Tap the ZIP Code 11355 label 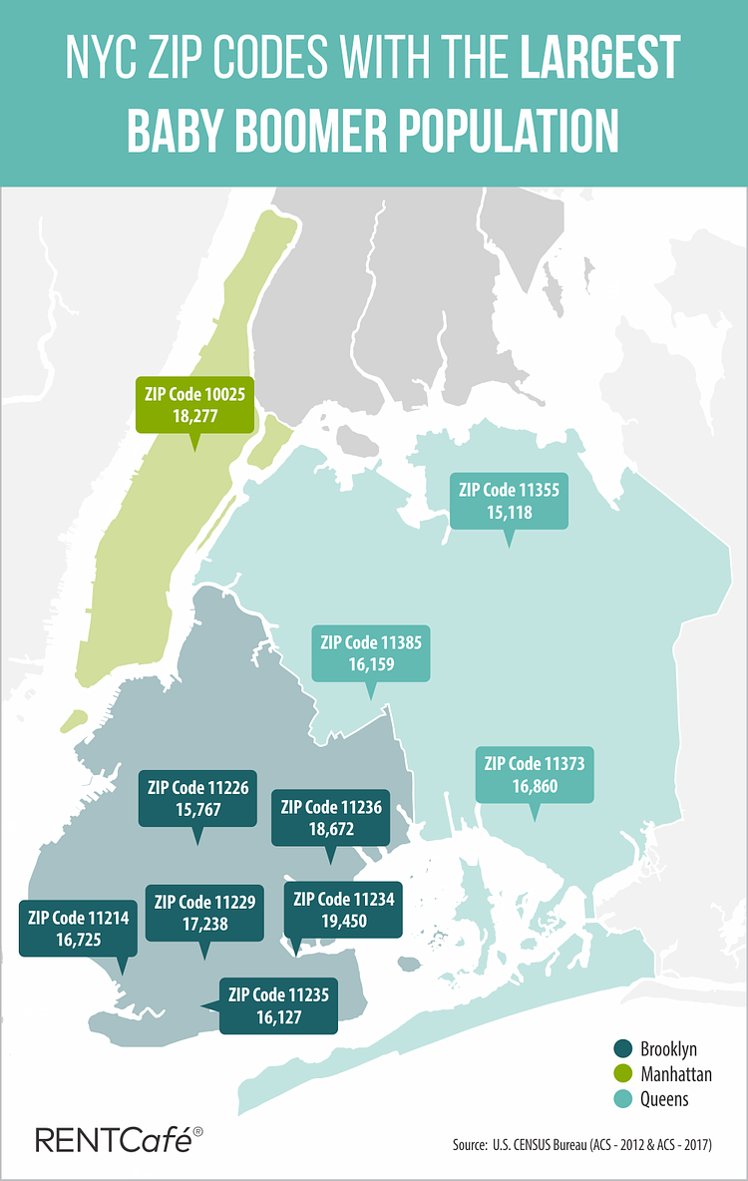[x=509, y=501]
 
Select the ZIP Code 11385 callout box [x=371, y=653]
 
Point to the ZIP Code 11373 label [x=534, y=775]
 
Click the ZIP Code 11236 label [x=331, y=818]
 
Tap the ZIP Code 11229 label [x=204, y=913]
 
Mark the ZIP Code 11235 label [x=278, y=1005]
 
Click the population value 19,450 [x=344, y=922]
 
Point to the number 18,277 [x=193, y=417]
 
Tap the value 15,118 [x=509, y=513]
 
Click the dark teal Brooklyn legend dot [x=622, y=1048]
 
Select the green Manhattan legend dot [x=622, y=1073]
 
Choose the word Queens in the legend [x=664, y=1098]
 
